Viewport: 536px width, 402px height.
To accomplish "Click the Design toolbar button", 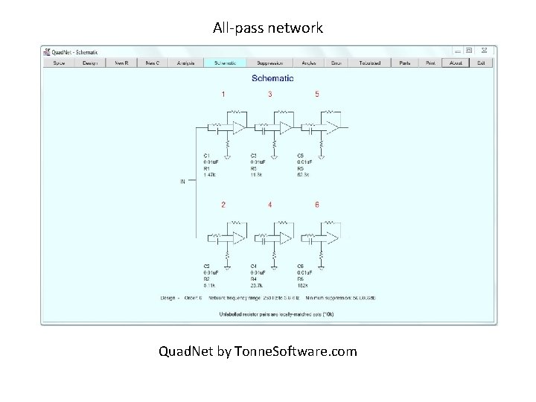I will point(90,63).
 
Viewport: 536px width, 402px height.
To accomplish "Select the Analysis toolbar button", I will point(185,63).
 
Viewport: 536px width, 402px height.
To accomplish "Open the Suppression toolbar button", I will point(269,63).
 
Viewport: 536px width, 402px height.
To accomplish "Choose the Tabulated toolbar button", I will point(369,63).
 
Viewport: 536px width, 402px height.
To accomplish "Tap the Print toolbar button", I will point(430,63).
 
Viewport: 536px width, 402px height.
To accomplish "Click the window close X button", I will point(484,51).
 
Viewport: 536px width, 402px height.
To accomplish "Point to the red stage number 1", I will point(223,95).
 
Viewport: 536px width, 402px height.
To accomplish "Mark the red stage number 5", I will point(317,95).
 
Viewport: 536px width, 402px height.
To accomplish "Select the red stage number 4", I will point(269,205).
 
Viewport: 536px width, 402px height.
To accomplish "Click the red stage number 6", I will point(317,205).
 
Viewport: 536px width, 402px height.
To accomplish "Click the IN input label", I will point(182,181).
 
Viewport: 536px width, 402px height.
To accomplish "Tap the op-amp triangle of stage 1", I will point(238,128).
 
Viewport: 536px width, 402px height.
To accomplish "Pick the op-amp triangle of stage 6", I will point(333,237).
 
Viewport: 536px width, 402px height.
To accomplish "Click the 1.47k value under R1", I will point(210,175).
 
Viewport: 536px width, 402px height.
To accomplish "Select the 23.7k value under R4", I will point(258,285).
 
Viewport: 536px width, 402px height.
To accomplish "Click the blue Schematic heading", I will point(272,78).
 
